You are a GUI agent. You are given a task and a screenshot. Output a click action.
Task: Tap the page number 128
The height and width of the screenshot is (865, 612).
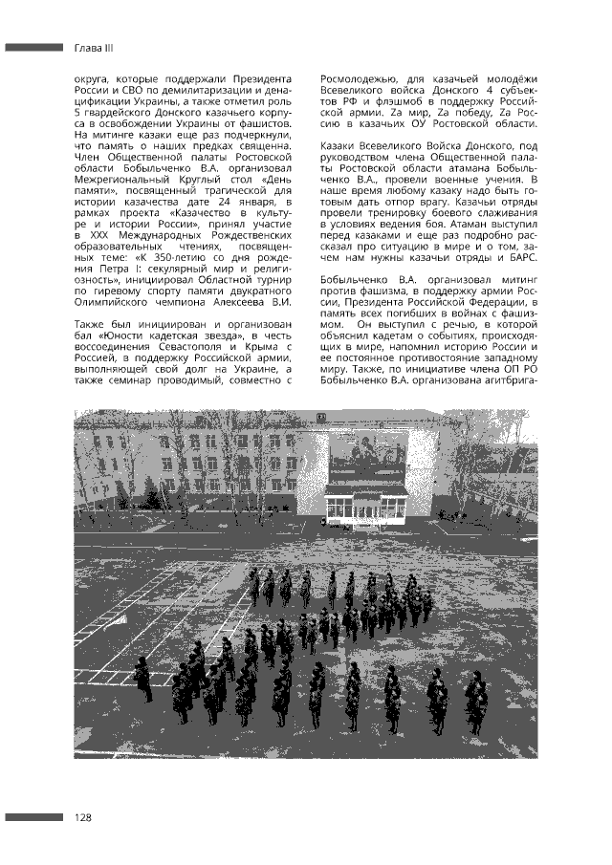pos(84,817)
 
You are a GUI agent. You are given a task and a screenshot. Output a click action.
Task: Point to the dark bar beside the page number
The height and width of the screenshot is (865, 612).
pos(33,817)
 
